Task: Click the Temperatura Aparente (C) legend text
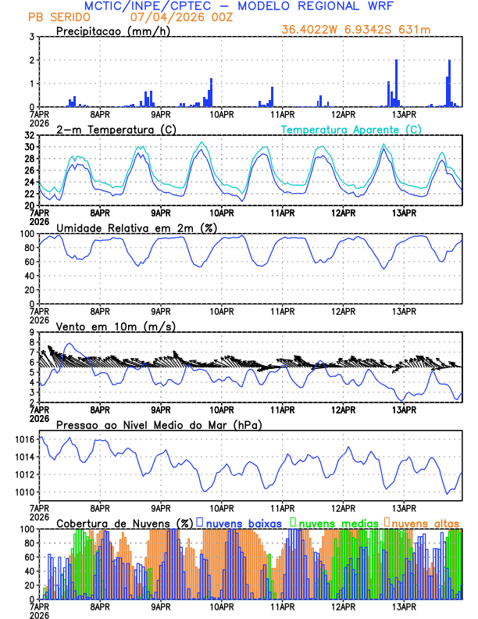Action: [351, 129]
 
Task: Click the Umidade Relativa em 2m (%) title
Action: [134, 227]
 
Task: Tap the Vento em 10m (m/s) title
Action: [116, 326]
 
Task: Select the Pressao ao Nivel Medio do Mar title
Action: [159, 424]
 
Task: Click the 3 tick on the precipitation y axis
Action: [31, 37]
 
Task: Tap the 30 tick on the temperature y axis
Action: [29, 147]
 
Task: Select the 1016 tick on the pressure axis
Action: [24, 439]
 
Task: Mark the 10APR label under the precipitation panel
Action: [222, 114]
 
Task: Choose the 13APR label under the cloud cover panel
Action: [403, 606]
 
